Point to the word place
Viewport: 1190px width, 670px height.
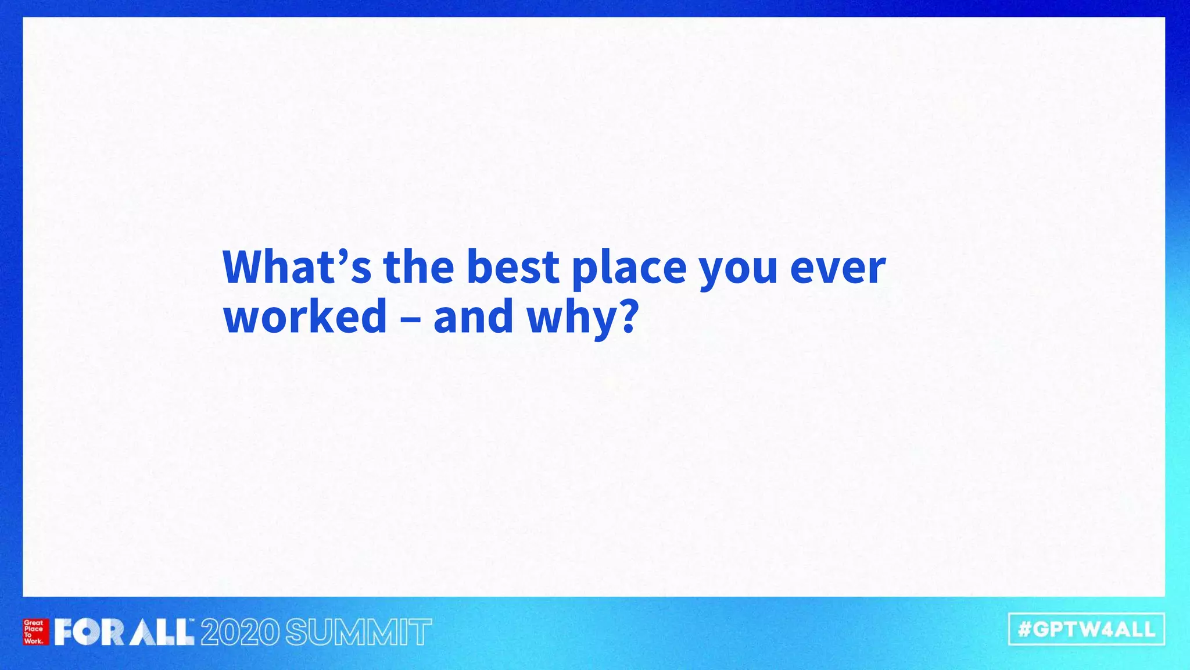coord(629,269)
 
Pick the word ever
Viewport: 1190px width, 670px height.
coord(838,269)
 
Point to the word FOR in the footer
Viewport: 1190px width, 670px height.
coord(89,632)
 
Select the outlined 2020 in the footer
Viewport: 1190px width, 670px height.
coord(240,632)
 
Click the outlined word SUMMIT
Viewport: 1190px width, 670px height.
coord(359,632)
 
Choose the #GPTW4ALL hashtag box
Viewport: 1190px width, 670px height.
coord(1087,629)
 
